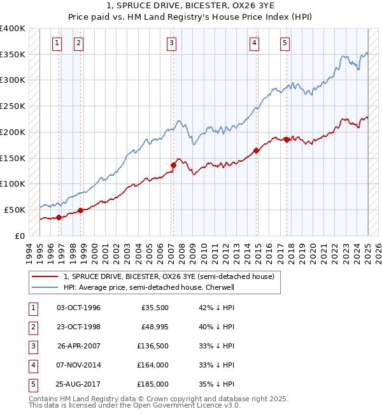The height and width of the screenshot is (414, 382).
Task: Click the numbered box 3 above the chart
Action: click(x=172, y=43)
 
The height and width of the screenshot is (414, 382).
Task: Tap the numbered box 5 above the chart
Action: click(x=284, y=43)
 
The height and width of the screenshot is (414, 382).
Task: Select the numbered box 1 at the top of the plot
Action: click(x=57, y=43)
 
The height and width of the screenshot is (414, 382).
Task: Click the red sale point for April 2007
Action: click(x=173, y=165)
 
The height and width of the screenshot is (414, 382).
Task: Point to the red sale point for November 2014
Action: click(x=256, y=151)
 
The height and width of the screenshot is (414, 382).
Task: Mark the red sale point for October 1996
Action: click(x=59, y=217)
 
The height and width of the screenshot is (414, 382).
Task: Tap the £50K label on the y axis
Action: click(x=15, y=210)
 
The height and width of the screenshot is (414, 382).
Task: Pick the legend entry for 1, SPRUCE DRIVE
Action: click(x=169, y=276)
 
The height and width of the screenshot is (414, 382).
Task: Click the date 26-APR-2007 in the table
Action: click(x=78, y=346)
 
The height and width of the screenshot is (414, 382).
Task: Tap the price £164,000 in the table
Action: click(x=153, y=365)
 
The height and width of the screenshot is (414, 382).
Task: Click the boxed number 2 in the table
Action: click(x=32, y=327)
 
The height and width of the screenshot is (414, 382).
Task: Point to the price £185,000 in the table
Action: click(x=153, y=384)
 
